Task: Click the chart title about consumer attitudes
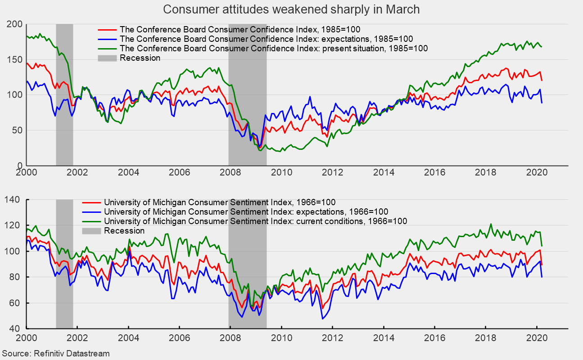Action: pos(291,9)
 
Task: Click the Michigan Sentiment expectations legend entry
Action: pos(246,211)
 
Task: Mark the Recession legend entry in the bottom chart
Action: pos(124,230)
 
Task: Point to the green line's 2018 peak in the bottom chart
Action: pos(491,224)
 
